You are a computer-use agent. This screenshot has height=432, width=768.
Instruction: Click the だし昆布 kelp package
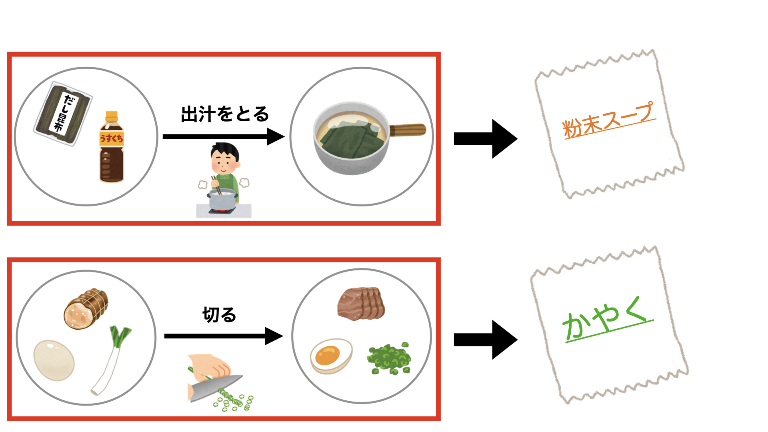click(63, 113)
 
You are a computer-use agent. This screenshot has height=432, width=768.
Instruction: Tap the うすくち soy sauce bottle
click(111, 152)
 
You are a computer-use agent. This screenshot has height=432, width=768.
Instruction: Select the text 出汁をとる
click(225, 114)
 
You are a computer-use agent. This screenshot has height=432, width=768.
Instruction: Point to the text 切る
click(219, 315)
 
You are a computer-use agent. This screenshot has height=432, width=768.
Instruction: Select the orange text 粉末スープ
click(608, 120)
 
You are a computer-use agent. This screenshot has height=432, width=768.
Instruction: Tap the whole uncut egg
click(54, 360)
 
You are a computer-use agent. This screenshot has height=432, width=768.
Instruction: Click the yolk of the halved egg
click(327, 354)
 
